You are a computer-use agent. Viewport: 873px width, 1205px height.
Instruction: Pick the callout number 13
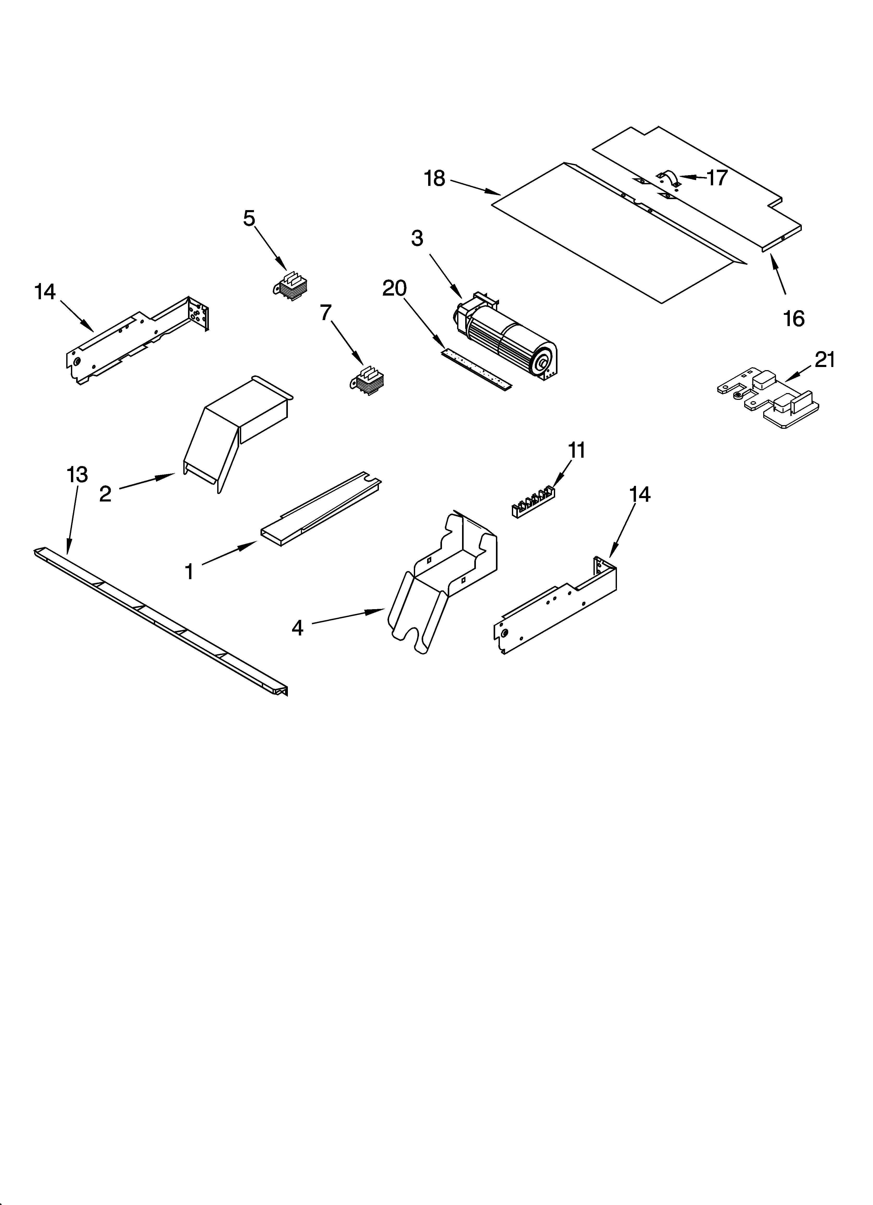pos(77,474)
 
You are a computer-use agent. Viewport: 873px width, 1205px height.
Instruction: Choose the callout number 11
pos(577,450)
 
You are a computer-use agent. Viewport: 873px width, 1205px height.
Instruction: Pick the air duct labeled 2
pos(234,425)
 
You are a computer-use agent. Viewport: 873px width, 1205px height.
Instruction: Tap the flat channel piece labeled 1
pos(319,510)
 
